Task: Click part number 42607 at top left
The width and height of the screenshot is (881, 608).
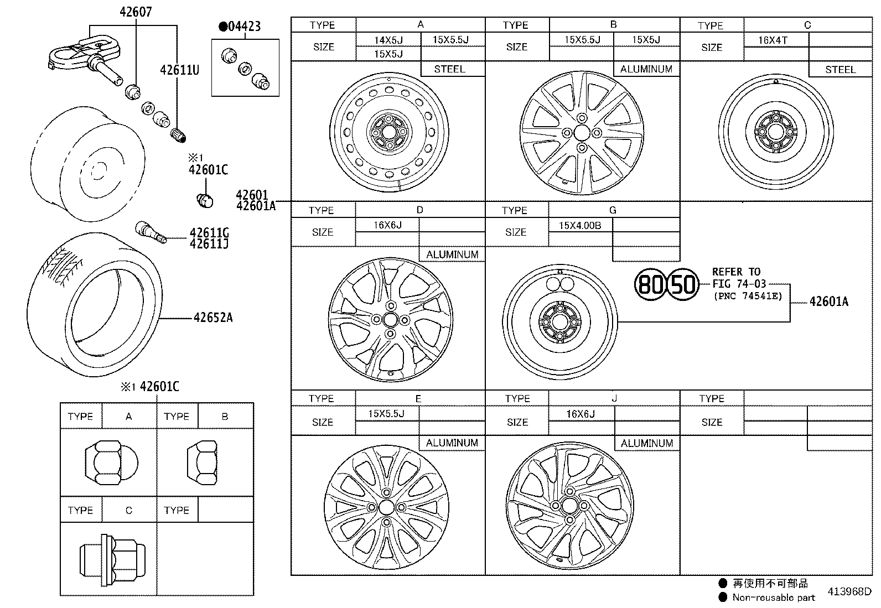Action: tap(136, 12)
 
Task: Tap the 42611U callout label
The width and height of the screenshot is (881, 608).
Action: tap(179, 70)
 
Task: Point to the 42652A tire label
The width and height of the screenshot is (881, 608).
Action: tap(213, 318)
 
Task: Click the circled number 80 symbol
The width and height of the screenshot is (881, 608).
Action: tap(650, 284)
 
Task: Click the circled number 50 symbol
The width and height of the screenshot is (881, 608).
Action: tap(683, 284)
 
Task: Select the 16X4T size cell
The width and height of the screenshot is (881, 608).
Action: tap(773, 40)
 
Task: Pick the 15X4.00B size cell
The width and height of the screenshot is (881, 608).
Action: tap(579, 225)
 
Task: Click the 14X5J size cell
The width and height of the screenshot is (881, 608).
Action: tap(388, 40)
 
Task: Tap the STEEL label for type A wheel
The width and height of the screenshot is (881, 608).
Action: tap(449, 69)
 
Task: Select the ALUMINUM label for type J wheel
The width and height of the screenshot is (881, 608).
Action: tap(646, 443)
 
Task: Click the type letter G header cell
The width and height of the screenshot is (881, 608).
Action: tap(613, 210)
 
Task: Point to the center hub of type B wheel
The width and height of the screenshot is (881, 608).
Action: tap(582, 133)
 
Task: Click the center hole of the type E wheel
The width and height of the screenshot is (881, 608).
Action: tap(386, 507)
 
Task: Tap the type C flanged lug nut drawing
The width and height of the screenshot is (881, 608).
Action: tap(112, 560)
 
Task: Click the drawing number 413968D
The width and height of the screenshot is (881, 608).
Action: tap(849, 591)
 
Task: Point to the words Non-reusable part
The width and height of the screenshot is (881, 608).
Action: tap(774, 597)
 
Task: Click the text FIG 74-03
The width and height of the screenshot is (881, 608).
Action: tap(739, 284)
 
